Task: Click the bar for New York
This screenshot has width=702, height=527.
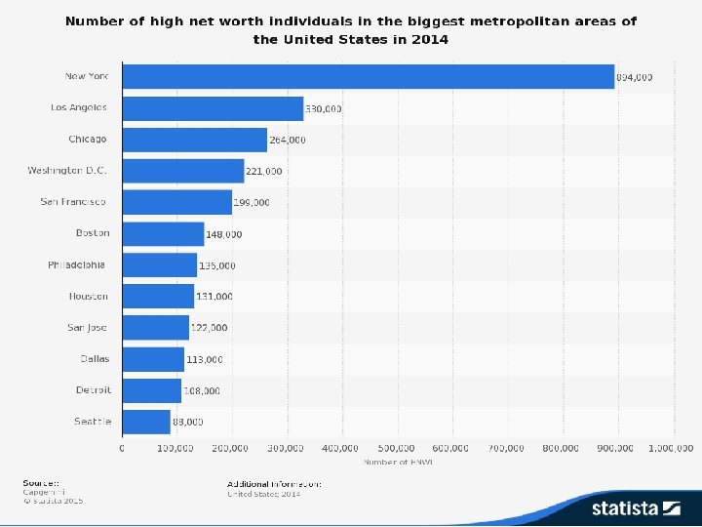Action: tap(369, 76)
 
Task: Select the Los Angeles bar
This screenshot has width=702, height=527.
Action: tap(213, 107)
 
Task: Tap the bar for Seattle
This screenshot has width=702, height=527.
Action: tap(146, 422)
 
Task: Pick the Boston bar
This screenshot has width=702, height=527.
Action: tap(163, 233)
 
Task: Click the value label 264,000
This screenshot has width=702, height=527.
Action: tap(287, 140)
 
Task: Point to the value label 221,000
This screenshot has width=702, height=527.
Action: tap(263, 172)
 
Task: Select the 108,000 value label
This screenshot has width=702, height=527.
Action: tap(202, 390)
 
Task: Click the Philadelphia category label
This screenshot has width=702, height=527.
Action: tap(78, 264)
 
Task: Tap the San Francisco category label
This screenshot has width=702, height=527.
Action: tap(73, 202)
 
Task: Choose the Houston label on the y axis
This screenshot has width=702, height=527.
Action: tap(89, 296)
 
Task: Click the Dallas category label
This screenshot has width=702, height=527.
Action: tap(95, 358)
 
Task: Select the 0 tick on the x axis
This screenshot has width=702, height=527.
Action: tap(122, 448)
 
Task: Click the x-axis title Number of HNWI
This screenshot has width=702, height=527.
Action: tap(398, 461)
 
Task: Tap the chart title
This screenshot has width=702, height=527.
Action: tap(351, 29)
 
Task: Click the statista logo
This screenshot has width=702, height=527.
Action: tap(635, 507)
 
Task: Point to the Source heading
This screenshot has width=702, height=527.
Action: tap(41, 483)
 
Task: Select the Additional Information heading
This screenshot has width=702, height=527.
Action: tap(275, 483)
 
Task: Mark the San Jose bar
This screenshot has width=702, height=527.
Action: tap(155, 327)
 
